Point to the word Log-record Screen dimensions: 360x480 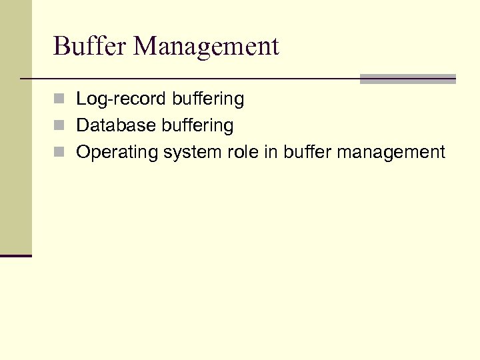pyautogui.click(x=122, y=99)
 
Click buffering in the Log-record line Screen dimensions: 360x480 pyautogui.click(x=208, y=100)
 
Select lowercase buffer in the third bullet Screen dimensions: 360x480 pyautogui.click(x=307, y=153)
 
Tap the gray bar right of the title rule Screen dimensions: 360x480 pyautogui.click(x=407, y=79)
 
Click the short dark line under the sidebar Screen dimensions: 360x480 pyautogui.click(x=16, y=255)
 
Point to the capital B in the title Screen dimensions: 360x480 pyautogui.click(x=61, y=47)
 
